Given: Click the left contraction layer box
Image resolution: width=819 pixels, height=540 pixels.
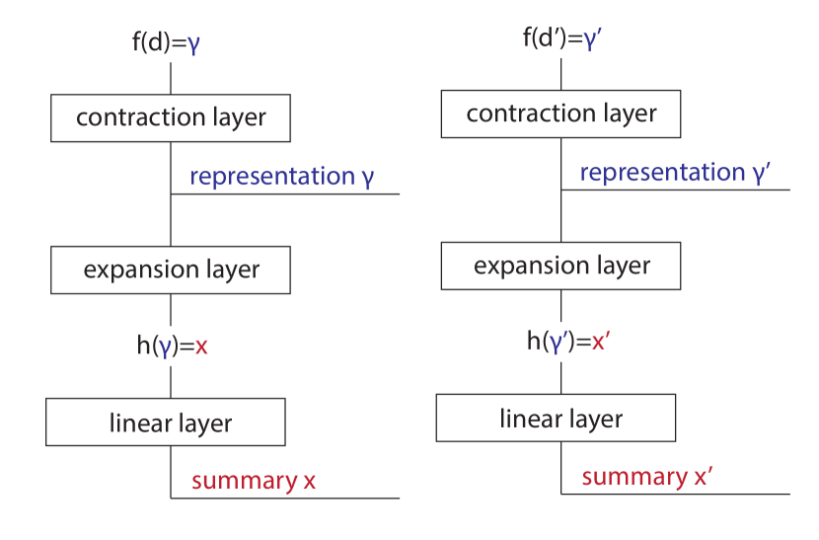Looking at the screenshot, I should (x=171, y=118).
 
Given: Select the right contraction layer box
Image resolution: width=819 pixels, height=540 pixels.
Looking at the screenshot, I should (x=560, y=114).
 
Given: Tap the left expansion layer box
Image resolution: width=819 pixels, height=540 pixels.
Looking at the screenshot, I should (x=171, y=270).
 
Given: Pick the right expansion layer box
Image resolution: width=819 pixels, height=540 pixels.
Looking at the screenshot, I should (x=560, y=266).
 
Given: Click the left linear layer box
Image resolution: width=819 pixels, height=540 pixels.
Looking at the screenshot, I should (x=166, y=423).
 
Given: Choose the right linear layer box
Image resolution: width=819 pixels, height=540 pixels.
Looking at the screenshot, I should (x=556, y=418).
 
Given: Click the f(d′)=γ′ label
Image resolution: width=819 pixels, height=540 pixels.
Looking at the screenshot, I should (x=563, y=39).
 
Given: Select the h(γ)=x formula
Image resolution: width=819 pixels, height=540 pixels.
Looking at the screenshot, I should (x=172, y=347).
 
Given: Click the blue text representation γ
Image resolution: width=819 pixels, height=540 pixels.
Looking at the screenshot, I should (x=281, y=177).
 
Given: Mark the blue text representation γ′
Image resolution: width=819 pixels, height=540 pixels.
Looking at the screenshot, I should (x=674, y=173).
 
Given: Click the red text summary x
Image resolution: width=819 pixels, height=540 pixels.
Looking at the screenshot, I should (x=254, y=481).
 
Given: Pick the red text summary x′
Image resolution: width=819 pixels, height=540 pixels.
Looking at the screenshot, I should (x=646, y=477).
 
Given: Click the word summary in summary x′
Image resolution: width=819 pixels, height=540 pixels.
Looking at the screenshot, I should (x=633, y=477).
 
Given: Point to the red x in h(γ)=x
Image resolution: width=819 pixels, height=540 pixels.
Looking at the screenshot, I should (x=201, y=347).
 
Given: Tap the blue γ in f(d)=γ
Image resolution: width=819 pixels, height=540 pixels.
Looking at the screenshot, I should (x=193, y=44).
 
